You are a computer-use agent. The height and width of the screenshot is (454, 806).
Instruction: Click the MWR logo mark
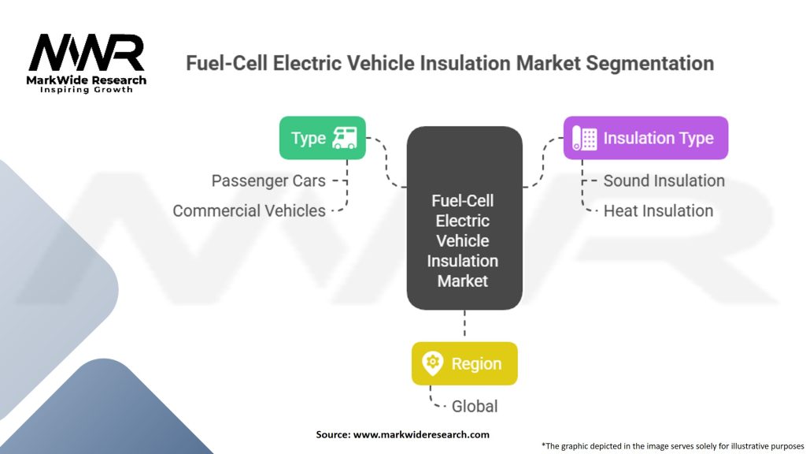coord(87,53)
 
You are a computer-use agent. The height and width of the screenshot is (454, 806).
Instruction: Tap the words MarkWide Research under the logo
coord(87,80)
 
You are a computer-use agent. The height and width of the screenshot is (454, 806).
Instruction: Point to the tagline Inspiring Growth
coord(87,90)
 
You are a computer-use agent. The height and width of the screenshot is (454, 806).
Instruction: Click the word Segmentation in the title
coord(649,63)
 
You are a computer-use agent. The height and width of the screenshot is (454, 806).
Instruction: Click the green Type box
coord(322,138)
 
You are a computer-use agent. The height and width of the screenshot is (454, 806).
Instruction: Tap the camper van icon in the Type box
coord(345,138)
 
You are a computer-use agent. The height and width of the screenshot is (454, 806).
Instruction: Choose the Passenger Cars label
coord(268,180)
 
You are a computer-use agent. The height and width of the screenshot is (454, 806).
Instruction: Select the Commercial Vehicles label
coord(249,210)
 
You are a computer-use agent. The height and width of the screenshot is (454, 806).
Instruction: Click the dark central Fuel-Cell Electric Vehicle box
coord(464,218)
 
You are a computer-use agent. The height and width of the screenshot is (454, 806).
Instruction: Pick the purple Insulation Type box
coord(645,138)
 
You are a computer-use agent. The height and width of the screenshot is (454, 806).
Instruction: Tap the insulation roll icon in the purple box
coord(585,138)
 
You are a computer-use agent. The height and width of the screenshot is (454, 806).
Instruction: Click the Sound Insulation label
coord(664,180)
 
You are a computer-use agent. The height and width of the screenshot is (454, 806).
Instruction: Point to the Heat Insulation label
coord(658,210)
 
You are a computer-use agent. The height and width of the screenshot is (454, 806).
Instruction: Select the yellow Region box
coord(464,363)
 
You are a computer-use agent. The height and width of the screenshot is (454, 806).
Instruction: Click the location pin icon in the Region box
coord(432,363)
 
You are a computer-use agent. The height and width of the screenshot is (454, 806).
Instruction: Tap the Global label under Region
coord(475,406)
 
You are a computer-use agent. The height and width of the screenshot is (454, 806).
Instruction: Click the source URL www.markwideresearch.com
coord(421,434)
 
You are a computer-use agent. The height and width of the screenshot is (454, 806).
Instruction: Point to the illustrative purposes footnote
coord(672,446)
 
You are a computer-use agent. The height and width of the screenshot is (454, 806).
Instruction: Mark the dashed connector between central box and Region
coord(464,323)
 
